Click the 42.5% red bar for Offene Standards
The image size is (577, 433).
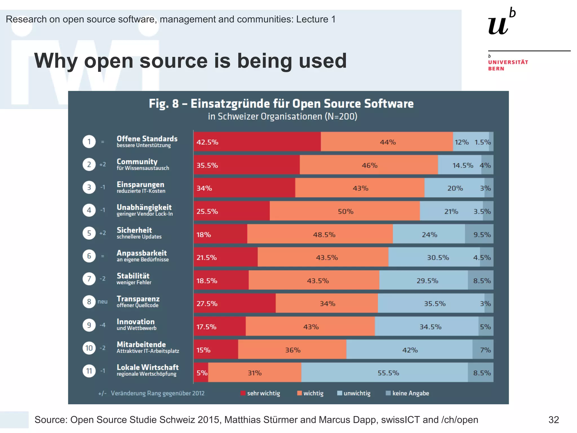tap(257, 142)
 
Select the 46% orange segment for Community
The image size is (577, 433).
tap(369, 165)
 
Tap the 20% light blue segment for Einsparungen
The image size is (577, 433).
tap(454, 188)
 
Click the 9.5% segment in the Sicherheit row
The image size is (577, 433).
tap(479, 234)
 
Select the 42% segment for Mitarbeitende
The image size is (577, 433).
tap(409, 350)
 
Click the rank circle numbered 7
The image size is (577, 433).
tap(89, 279)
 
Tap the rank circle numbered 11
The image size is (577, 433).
tap(89, 371)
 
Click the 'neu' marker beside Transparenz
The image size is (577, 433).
tap(103, 302)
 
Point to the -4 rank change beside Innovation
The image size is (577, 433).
tap(103, 325)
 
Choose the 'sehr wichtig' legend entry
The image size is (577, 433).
tap(260, 393)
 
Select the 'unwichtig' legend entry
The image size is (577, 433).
tap(354, 393)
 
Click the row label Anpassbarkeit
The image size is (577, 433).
tap(142, 253)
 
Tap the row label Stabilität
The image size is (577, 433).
tap(133, 276)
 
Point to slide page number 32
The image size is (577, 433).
tap(554, 420)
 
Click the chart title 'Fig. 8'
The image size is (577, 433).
tap(163, 103)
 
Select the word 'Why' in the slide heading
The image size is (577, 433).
tap(56, 61)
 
